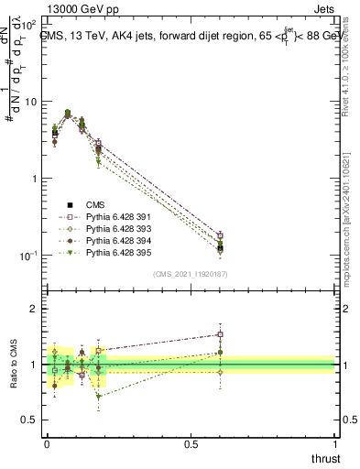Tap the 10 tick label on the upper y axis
pos(29,102)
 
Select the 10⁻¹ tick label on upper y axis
pos(27,255)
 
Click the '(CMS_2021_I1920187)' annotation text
pos(191,274)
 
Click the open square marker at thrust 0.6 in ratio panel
pos(220,334)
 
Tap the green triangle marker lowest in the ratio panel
pos(98,397)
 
